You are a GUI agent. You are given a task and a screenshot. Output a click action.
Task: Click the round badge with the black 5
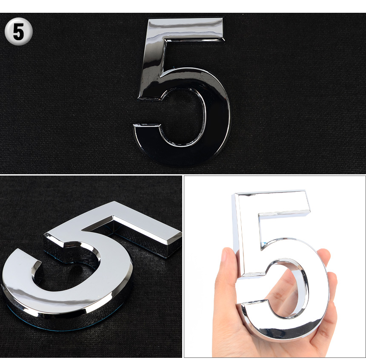[18, 31]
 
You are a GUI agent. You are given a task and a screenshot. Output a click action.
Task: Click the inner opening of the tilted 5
[68, 274]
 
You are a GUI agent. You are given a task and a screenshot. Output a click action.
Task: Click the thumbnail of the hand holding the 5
[275, 267]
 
